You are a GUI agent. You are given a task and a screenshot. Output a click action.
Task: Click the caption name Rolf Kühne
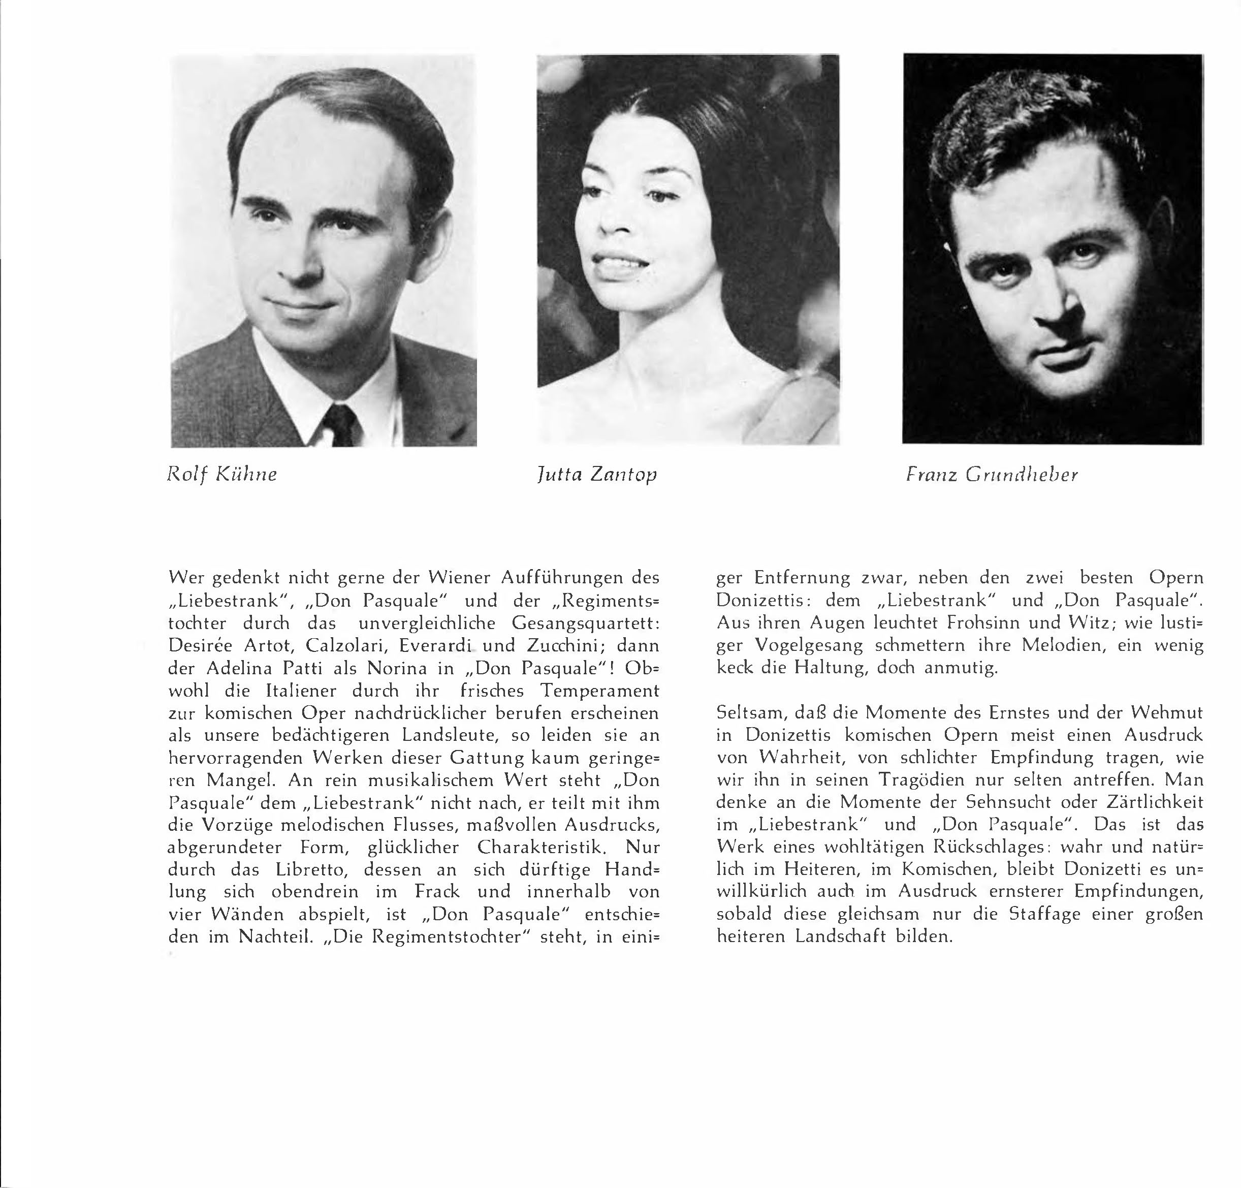click(x=221, y=474)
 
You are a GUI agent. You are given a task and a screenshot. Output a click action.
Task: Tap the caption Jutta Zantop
click(x=596, y=474)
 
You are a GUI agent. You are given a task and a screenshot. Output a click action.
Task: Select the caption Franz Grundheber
click(x=992, y=474)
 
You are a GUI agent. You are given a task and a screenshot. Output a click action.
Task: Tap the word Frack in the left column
click(x=437, y=892)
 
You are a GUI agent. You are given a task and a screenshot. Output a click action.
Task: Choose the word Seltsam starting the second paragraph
click(x=750, y=713)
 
